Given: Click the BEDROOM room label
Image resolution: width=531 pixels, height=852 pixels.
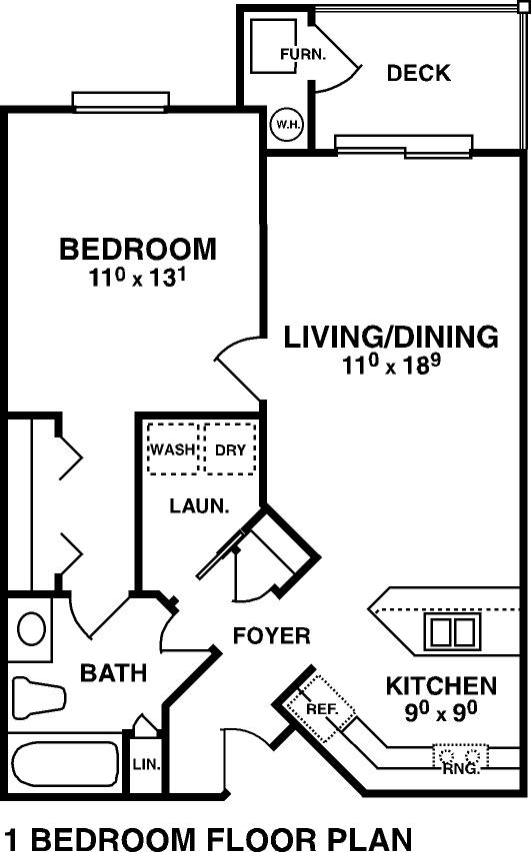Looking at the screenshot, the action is click(138, 249).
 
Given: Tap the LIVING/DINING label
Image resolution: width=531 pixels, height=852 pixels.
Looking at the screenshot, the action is click(391, 337).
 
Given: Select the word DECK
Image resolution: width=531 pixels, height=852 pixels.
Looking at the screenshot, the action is click(418, 73).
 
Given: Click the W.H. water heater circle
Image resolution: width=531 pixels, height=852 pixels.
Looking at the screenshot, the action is click(287, 125).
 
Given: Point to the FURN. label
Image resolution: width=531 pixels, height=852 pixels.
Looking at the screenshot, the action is click(302, 54).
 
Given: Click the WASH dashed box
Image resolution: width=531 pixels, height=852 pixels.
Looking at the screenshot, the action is click(172, 448).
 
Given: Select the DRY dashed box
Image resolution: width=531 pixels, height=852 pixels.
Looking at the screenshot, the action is click(230, 448).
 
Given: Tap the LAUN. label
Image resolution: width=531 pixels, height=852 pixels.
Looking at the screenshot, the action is click(199, 506).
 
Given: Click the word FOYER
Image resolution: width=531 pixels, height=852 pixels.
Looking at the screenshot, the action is click(271, 635).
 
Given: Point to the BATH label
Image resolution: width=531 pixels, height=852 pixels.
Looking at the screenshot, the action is click(114, 672).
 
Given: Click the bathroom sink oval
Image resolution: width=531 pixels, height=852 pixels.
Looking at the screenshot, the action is click(31, 628).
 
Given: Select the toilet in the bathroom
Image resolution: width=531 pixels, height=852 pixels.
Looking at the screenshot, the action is click(38, 698).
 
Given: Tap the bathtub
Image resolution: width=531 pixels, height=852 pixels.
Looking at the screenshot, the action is click(65, 764).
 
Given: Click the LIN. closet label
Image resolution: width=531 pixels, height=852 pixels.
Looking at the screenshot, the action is click(146, 764).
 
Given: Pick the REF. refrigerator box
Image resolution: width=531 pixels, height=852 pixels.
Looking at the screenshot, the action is click(321, 708).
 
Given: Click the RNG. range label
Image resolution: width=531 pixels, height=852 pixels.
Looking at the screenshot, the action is click(461, 769).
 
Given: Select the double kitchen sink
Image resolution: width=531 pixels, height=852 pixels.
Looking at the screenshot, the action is click(453, 631).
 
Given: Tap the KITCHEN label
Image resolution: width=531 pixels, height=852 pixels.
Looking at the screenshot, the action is click(441, 686).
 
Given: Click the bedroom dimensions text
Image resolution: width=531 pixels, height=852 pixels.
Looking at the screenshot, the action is click(138, 278).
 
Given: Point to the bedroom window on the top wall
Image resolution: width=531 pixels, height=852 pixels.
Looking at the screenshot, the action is click(121, 101).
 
